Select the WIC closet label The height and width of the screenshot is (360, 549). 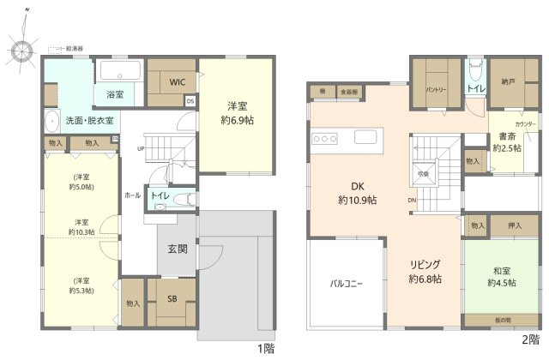click(x=177, y=82)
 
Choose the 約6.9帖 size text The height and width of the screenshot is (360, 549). click(x=237, y=122)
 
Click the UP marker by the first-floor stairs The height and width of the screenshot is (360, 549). click(x=140, y=148)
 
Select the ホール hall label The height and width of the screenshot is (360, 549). click(x=132, y=195)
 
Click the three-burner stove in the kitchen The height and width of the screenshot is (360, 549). click(x=325, y=138)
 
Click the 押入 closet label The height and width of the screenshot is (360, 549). click(x=515, y=225)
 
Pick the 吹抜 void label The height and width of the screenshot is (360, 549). click(x=422, y=173)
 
